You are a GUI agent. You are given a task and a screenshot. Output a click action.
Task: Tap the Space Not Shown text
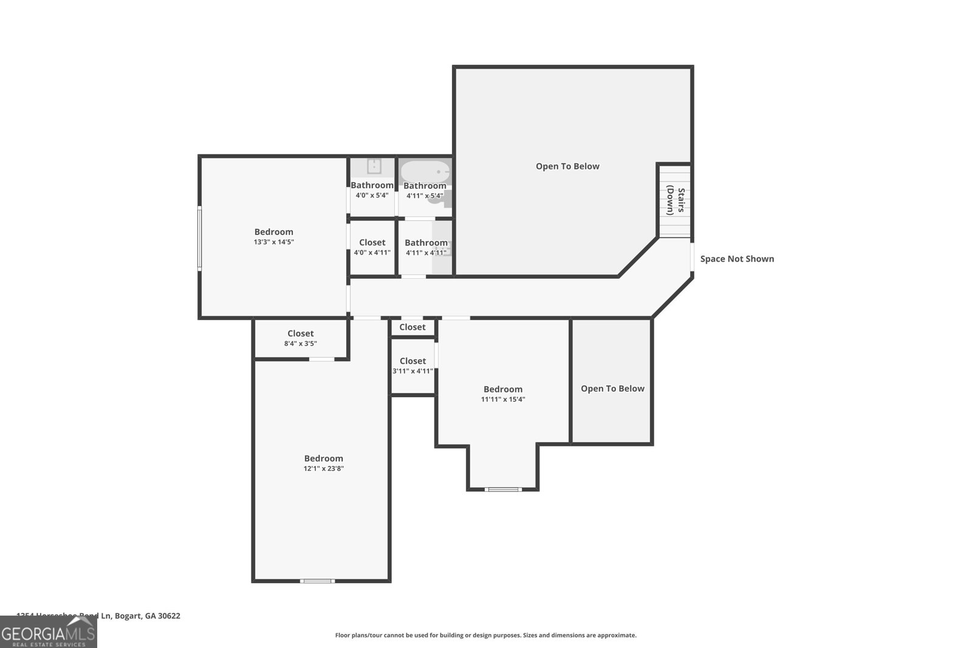737,259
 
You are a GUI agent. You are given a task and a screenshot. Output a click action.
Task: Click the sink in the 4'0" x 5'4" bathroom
374,166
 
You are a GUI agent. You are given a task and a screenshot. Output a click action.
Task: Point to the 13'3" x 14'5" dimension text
274,242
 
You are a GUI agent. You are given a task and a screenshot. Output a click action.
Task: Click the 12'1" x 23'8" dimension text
324,468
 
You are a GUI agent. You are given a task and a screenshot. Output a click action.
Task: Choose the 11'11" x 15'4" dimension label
503,399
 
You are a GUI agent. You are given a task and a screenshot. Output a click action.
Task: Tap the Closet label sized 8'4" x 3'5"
300,333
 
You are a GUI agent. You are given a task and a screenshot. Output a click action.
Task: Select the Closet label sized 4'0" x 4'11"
372,242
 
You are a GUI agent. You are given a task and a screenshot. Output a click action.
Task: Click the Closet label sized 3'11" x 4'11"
412,361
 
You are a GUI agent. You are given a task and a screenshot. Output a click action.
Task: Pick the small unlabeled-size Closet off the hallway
412,327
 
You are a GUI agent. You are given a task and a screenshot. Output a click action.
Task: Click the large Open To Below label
567,166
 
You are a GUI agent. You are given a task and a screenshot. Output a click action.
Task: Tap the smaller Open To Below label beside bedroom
612,389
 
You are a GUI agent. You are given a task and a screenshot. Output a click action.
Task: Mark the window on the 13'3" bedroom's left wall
199,237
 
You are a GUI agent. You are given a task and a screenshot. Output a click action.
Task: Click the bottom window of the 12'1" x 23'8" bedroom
317,581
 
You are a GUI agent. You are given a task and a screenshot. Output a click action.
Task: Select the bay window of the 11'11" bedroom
503,489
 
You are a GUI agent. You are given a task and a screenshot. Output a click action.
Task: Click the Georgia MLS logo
49,633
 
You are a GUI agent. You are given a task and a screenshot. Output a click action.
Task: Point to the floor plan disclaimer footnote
485,635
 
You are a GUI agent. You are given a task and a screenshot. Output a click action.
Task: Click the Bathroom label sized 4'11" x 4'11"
426,243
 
